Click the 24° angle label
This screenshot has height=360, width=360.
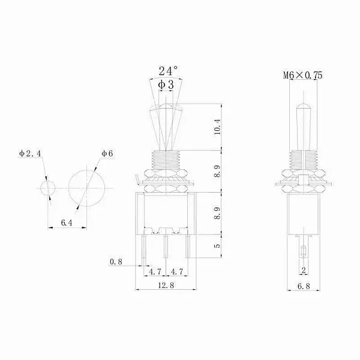tap(168, 71)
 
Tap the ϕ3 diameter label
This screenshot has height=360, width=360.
tap(166, 85)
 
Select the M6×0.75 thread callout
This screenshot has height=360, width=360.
tap(303, 76)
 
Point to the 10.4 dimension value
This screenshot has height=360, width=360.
tap(217, 127)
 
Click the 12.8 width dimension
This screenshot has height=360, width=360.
tap(166, 286)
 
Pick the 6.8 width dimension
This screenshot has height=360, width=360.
tap(304, 286)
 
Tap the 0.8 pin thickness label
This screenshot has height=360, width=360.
tap(116, 262)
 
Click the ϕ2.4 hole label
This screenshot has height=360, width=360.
tap(31, 154)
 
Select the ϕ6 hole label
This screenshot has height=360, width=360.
tap(107, 154)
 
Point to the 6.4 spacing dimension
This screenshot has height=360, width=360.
tap(67, 223)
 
